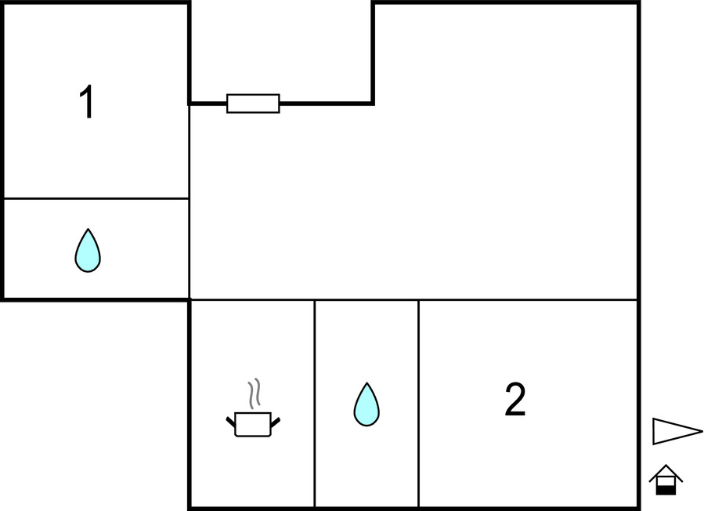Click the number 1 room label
pyautogui.click(x=86, y=102)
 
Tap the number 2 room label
pyautogui.click(x=515, y=399)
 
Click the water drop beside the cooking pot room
pyautogui.click(x=366, y=404)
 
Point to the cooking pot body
pyautogui.click(x=253, y=424)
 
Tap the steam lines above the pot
pyautogui.click(x=255, y=393)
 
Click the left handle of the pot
pyautogui.click(x=230, y=422)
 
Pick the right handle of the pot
pyautogui.click(x=276, y=422)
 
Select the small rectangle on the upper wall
pyautogui.click(x=253, y=103)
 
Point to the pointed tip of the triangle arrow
pyautogui.click(x=702, y=432)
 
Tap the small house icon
pyautogui.click(x=666, y=480)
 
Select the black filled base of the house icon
pyautogui.click(x=666, y=491)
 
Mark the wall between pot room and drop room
pyautogui.click(x=315, y=403)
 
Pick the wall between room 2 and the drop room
pyautogui.click(x=418, y=403)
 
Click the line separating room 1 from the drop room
pyautogui.click(x=96, y=198)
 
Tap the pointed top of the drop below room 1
pyautogui.click(x=88, y=229)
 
